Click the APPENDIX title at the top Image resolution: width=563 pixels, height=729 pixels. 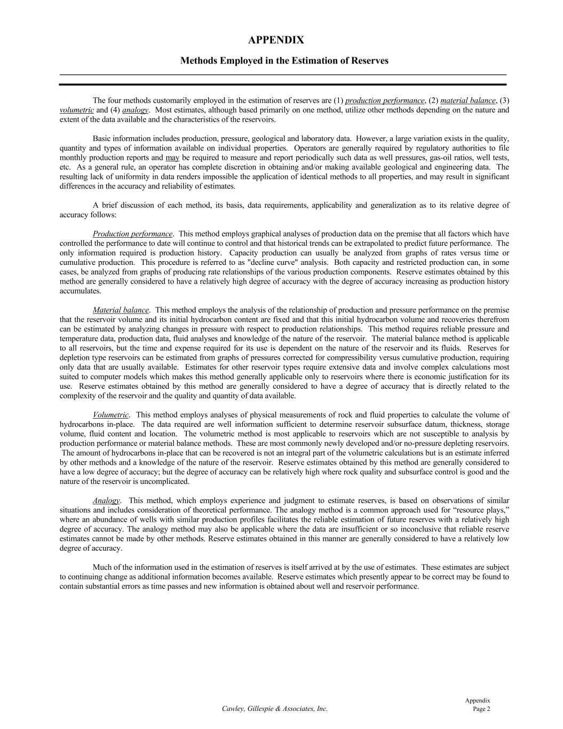(276, 40)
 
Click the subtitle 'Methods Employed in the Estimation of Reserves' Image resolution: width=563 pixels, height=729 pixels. (284, 60)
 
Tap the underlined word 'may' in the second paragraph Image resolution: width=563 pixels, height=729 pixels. (172, 158)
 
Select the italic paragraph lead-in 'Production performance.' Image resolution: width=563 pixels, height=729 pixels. (133, 234)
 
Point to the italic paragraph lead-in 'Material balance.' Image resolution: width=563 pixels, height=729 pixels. (121, 310)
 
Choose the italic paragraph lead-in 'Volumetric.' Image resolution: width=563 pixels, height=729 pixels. (111, 414)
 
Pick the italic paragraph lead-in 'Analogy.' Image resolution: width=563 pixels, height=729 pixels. (107, 500)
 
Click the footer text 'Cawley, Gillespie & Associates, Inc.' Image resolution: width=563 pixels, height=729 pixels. (274, 709)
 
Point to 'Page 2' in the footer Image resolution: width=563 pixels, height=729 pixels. (481, 709)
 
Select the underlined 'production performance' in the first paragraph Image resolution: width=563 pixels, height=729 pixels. (385, 100)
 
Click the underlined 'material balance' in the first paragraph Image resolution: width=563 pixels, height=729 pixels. (468, 100)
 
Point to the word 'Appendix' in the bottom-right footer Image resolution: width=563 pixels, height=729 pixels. (477, 700)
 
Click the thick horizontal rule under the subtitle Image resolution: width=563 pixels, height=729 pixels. (282, 84)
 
